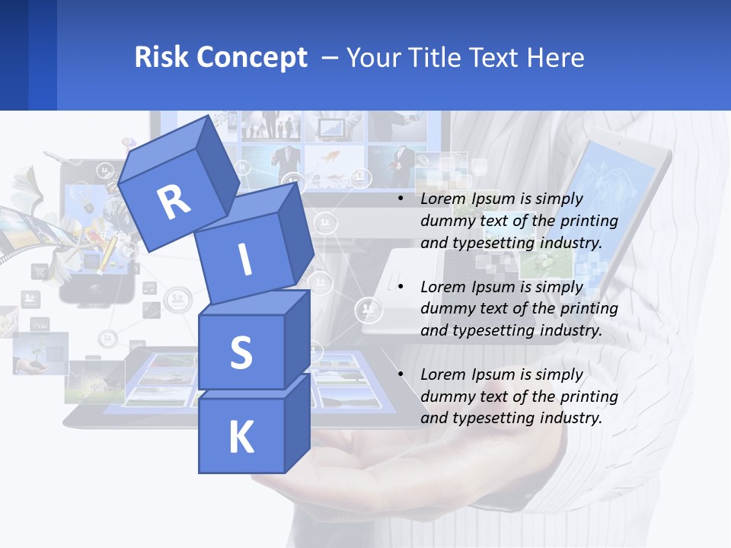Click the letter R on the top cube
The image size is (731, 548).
coord(174,202)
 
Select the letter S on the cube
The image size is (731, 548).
coord(241,353)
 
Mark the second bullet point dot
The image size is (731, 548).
coord(401,287)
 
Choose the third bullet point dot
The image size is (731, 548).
coord(401,374)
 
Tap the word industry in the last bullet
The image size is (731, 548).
coord(570,418)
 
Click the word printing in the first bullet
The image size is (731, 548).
coord(589,221)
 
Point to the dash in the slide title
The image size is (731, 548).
coord(330,58)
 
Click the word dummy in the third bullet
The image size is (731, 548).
coord(446,397)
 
